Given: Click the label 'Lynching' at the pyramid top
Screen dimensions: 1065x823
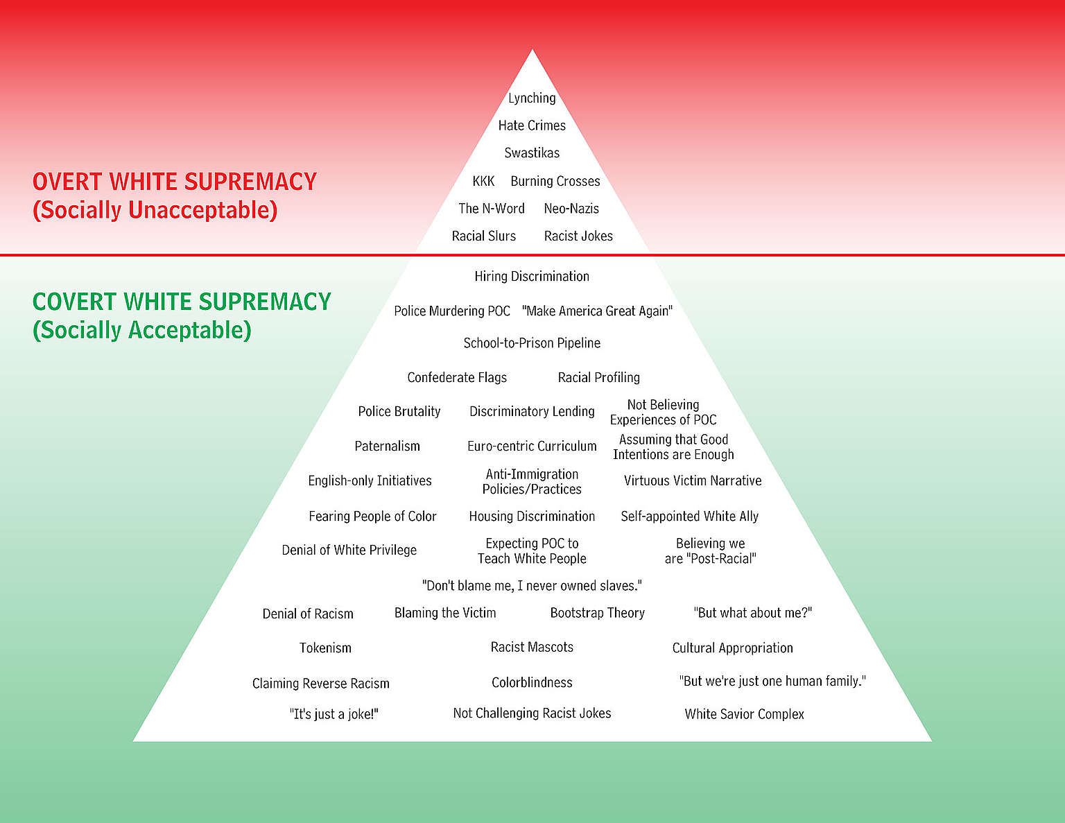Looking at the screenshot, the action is (x=532, y=98).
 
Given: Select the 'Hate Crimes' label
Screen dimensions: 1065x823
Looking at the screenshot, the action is (x=532, y=125).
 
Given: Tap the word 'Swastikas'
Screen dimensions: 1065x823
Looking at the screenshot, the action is (x=532, y=153).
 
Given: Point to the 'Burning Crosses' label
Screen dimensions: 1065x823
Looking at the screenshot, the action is (x=555, y=181).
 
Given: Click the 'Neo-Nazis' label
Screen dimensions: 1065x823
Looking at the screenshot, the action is (x=571, y=209).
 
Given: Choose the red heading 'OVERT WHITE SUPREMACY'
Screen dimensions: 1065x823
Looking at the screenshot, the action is (x=175, y=182).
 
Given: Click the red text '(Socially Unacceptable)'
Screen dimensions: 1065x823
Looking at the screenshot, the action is (x=155, y=210).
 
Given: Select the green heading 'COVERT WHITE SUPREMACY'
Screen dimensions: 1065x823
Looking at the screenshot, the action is (x=182, y=302).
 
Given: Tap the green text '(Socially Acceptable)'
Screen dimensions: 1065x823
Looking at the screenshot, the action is (x=142, y=330).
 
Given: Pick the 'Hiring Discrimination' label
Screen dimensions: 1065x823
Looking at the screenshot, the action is (x=532, y=277).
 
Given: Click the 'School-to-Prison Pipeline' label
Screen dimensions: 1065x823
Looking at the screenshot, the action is (x=532, y=343).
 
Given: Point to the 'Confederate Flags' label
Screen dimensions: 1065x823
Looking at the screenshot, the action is (x=457, y=377).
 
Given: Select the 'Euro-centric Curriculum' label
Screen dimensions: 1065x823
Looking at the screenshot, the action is (x=532, y=447).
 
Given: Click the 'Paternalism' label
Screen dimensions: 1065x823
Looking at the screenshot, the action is (x=387, y=447).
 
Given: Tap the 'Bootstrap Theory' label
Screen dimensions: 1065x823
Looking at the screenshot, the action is (x=597, y=613).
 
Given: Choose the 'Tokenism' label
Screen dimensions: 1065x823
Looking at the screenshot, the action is (x=325, y=648).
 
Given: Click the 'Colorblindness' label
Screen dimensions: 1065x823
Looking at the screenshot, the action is (x=532, y=683).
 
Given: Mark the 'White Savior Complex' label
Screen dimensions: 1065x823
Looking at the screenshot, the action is (x=744, y=714).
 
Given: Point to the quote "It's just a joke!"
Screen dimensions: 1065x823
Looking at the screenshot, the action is (x=334, y=714).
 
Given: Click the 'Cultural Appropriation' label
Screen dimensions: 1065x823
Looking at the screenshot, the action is (x=732, y=648).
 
